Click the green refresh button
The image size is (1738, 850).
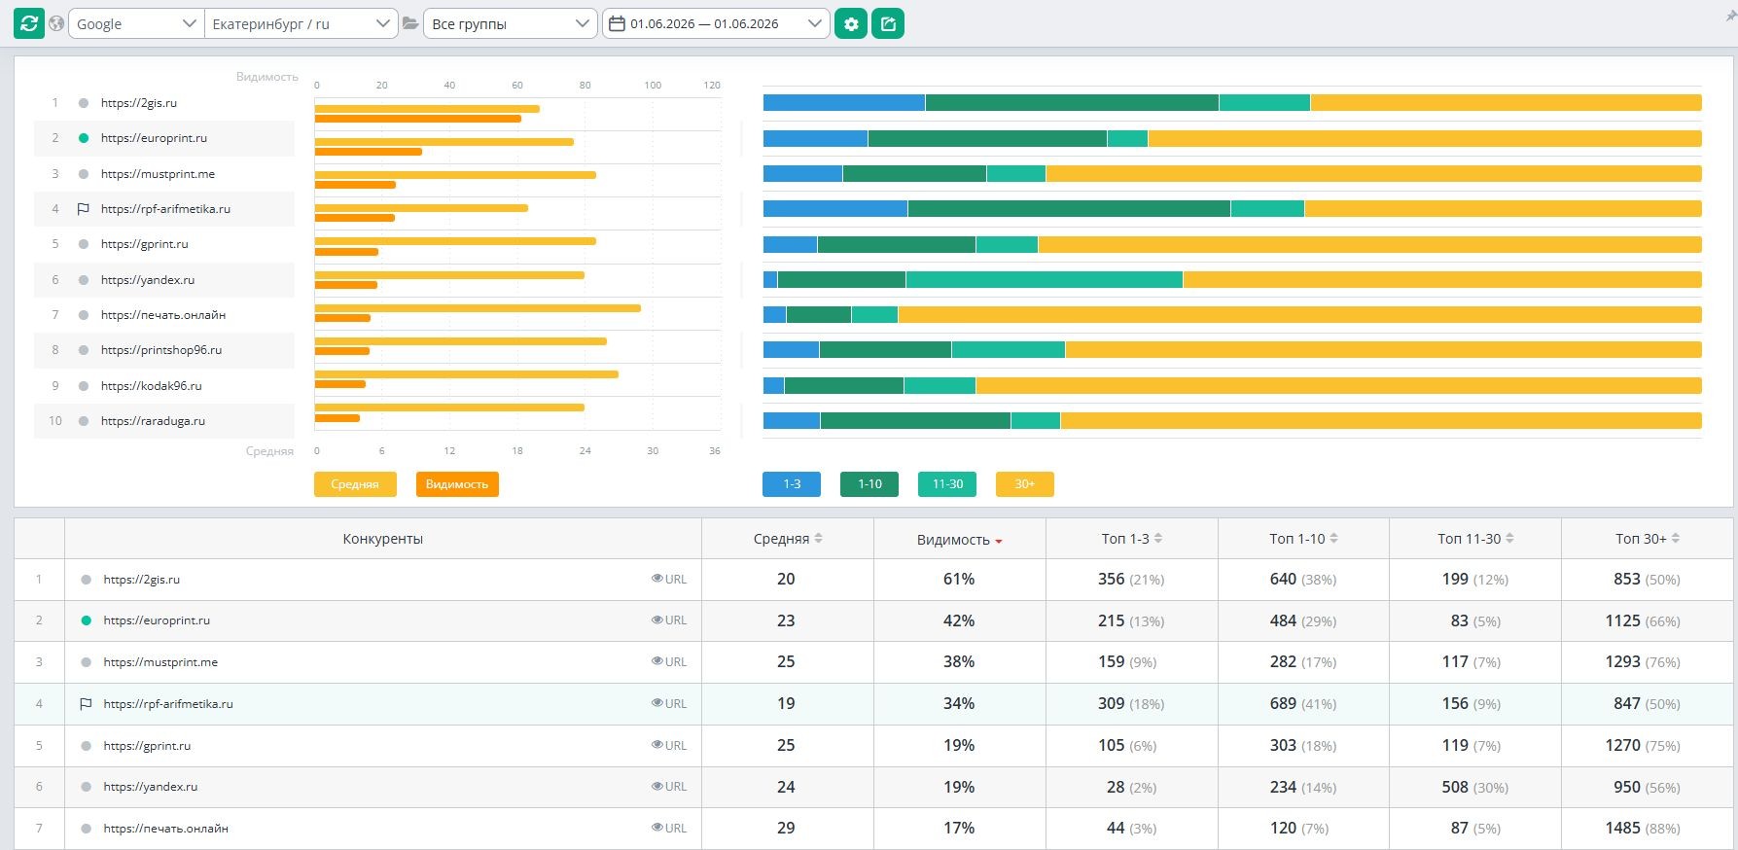(x=29, y=23)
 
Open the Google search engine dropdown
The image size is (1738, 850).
(x=136, y=23)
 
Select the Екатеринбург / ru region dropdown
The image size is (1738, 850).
(x=301, y=23)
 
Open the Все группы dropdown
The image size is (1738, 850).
(x=510, y=23)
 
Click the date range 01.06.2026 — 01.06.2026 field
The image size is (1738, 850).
(x=716, y=23)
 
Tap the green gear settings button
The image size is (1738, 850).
(x=851, y=23)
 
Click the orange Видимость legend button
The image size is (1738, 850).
(x=457, y=484)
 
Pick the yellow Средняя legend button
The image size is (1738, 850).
(x=355, y=484)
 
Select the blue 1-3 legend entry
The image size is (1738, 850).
(x=792, y=484)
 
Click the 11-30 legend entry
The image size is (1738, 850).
(x=947, y=484)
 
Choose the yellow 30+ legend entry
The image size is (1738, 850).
(x=1025, y=484)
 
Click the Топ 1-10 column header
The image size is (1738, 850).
(x=1303, y=539)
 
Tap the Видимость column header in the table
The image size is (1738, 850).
(x=959, y=540)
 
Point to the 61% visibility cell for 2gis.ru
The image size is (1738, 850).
(x=959, y=579)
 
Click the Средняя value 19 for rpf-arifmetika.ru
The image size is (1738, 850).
(x=786, y=703)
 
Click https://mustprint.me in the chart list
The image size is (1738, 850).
(x=158, y=174)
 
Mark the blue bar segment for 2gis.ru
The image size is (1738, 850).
(x=844, y=102)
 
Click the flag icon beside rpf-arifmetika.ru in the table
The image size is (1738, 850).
(x=86, y=704)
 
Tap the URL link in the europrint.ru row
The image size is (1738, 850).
(x=669, y=620)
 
